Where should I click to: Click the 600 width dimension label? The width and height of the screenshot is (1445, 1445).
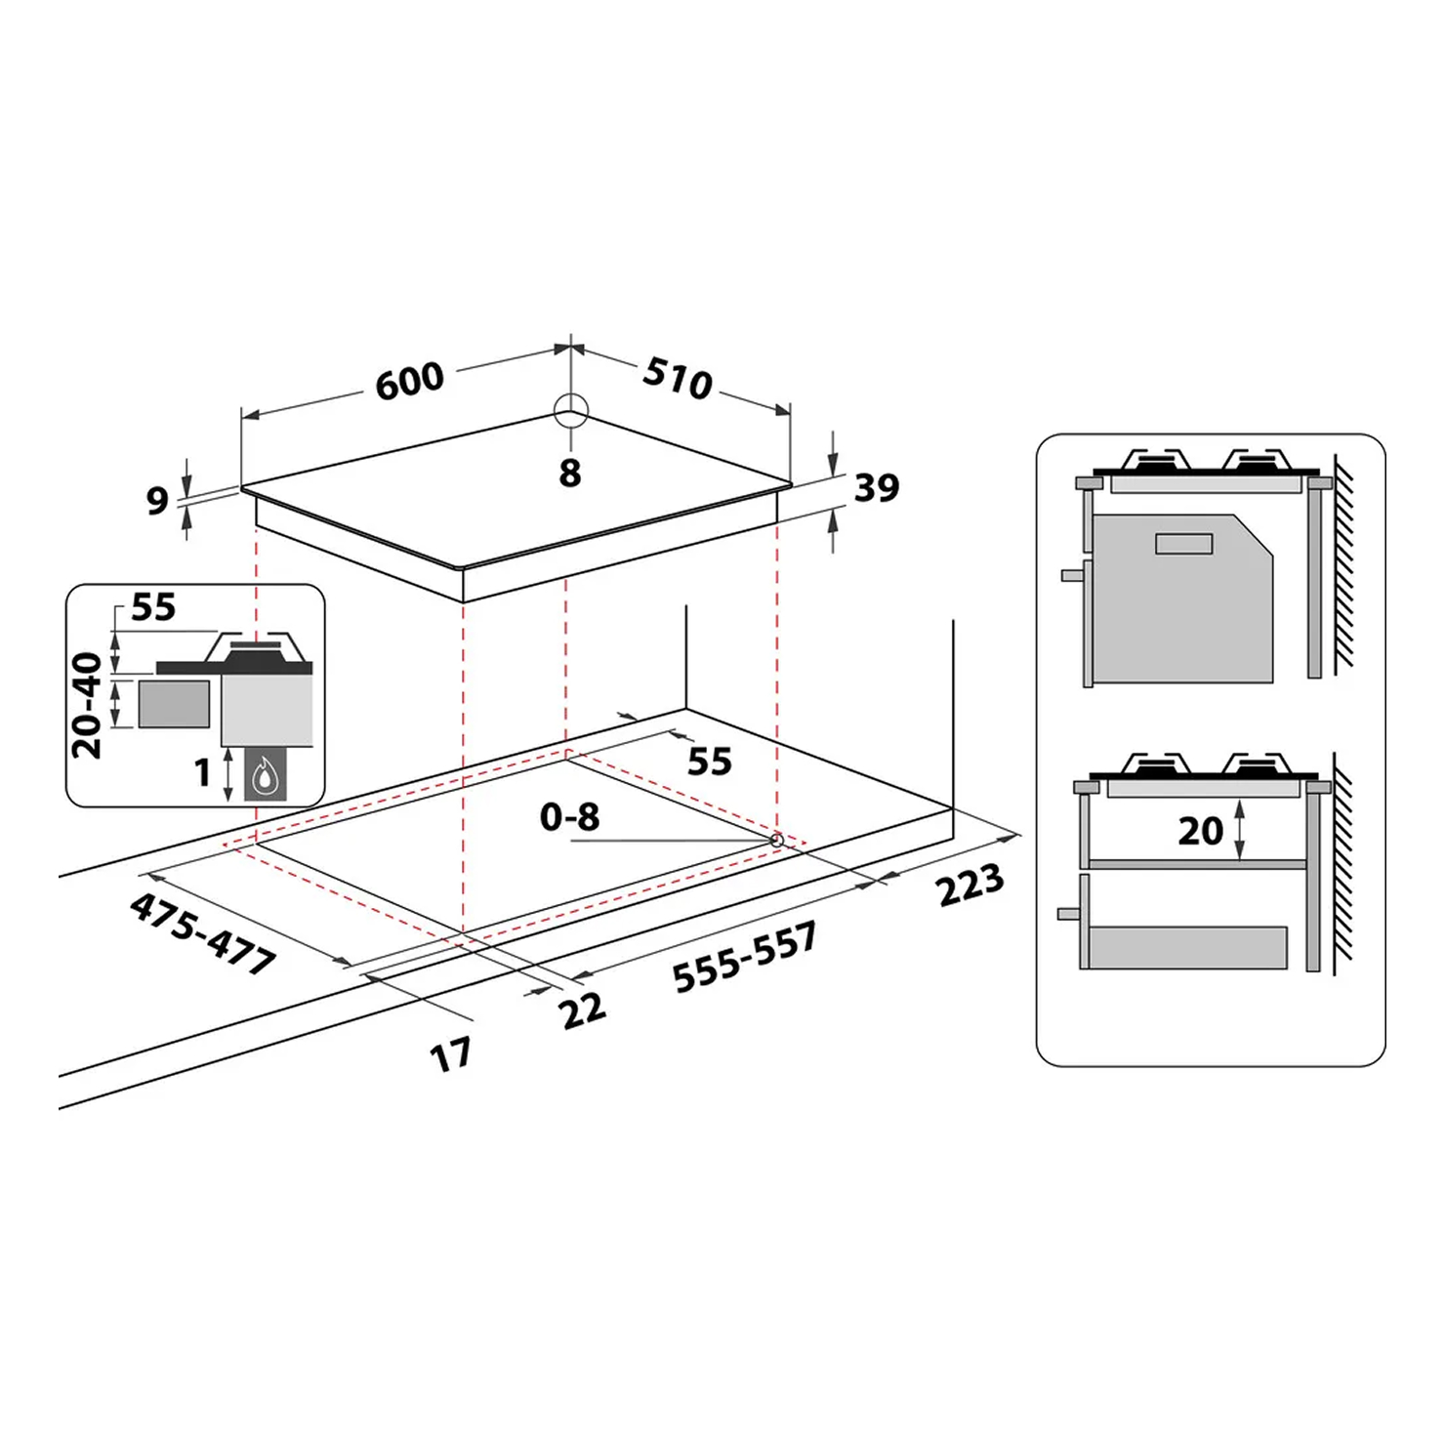[x=410, y=380]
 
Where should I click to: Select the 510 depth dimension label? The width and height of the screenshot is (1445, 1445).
[x=678, y=378]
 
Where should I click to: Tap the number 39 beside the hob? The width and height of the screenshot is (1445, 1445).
[x=877, y=487]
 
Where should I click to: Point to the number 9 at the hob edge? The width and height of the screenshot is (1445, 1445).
[x=157, y=500]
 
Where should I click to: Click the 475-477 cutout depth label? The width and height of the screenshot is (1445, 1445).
[x=203, y=934]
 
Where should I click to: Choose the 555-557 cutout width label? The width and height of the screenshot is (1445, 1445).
[x=744, y=957]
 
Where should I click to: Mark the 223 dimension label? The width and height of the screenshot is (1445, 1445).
[x=970, y=885]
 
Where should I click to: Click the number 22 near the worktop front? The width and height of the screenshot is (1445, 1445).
[x=584, y=1010]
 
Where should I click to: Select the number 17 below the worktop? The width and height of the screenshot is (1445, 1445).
[x=451, y=1054]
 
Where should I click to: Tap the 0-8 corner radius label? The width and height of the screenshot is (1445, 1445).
[x=569, y=816]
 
